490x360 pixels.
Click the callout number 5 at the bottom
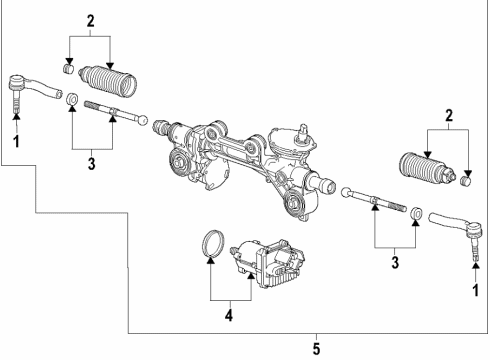tap(317, 350)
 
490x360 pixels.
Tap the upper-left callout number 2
tap(91, 20)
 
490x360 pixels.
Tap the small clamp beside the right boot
tap(465, 180)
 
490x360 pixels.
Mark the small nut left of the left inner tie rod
tap(71, 101)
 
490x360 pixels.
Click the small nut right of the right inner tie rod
tap(415, 213)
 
